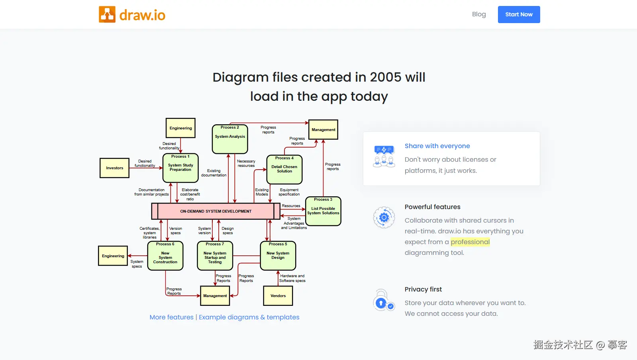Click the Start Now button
click(519, 14)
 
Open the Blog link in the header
click(479, 14)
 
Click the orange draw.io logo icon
click(107, 14)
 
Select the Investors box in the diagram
click(115, 168)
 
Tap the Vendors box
click(278, 296)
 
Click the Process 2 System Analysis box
click(230, 139)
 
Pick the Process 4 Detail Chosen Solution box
click(284, 170)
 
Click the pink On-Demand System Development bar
click(216, 211)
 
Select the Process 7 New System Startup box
click(215, 256)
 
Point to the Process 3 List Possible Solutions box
click(323, 211)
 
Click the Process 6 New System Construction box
click(165, 256)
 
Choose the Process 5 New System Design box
click(278, 256)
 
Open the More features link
click(171, 317)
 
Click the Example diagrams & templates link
click(249, 317)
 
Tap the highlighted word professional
click(470, 242)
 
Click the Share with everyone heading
click(437, 146)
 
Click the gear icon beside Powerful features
click(384, 217)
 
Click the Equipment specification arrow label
click(289, 192)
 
